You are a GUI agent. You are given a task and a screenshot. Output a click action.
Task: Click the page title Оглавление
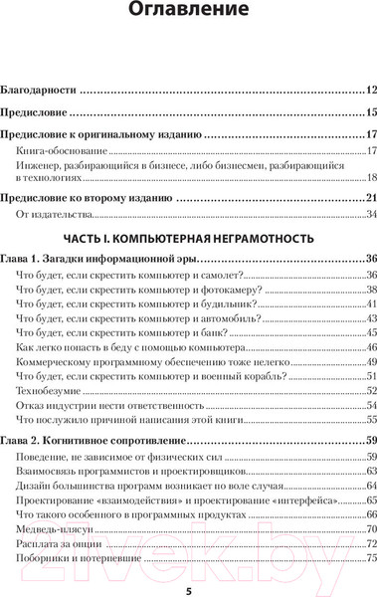click(x=189, y=14)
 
